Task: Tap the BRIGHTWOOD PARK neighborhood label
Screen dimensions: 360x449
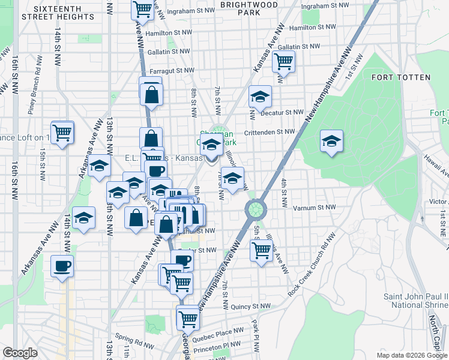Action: click(240, 8)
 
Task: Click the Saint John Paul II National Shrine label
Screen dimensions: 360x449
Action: click(415, 301)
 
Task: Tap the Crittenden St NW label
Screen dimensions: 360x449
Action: click(270, 132)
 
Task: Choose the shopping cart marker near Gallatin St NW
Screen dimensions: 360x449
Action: click(283, 60)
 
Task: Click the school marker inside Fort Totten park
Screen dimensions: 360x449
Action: click(331, 142)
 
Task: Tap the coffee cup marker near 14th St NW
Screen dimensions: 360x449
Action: click(62, 266)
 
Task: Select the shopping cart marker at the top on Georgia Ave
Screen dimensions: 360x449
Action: click(142, 8)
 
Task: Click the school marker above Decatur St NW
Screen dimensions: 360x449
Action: click(260, 96)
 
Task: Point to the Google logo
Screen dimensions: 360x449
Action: click(20, 353)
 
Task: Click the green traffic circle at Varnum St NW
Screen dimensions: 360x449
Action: click(256, 209)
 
